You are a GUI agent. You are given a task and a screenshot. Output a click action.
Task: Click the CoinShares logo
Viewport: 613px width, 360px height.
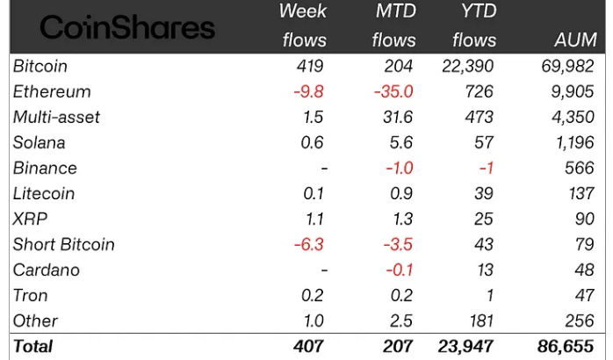click(127, 28)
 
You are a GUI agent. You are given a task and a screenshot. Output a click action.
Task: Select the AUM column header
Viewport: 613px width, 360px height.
click(577, 40)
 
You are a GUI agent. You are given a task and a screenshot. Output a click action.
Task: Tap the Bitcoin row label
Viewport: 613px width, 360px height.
click(40, 67)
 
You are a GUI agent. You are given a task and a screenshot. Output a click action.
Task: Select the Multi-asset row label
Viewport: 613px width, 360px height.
click(56, 118)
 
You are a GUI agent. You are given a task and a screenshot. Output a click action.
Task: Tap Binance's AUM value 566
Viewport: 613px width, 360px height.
click(582, 169)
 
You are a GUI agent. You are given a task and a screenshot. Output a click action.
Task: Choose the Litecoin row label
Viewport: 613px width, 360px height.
click(44, 194)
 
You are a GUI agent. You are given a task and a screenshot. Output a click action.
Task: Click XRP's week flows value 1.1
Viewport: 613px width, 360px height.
click(314, 220)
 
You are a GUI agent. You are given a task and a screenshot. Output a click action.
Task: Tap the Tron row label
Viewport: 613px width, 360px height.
click(31, 296)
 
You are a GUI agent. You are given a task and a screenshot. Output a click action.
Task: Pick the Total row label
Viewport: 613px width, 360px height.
click(33, 347)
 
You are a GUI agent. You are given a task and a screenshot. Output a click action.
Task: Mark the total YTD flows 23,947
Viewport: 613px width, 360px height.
click(465, 347)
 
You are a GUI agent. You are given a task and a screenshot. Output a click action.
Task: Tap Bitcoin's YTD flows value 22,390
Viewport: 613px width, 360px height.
click(467, 67)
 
